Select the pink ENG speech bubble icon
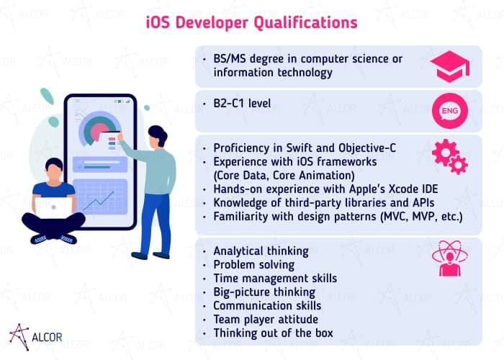(x=449, y=111)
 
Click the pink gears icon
(x=449, y=156)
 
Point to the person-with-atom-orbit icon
(x=449, y=258)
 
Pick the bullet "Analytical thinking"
(x=261, y=251)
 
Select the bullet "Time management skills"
(x=274, y=278)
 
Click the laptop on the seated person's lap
(x=54, y=207)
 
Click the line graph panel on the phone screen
(x=100, y=197)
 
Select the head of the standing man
(x=156, y=137)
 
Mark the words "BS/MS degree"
(x=248, y=58)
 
